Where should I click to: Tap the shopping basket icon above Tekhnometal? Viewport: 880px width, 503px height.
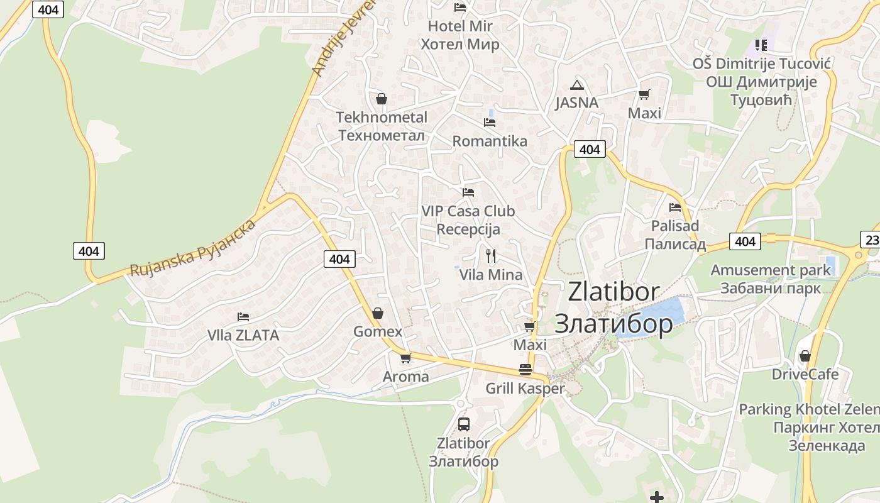coord(381,99)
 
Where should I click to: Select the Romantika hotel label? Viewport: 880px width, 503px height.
coord(490,141)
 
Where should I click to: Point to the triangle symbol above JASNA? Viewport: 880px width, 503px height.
coord(577,85)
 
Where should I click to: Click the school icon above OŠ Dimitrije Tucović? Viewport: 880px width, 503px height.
coord(761,45)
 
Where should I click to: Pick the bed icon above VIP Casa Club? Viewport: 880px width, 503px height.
coord(468,192)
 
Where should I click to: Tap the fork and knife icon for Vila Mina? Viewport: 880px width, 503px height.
coord(491,256)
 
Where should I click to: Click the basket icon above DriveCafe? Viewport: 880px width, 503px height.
coord(805,357)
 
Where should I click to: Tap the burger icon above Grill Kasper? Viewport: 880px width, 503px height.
coord(525,370)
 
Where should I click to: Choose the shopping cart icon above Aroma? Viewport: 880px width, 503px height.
coord(405,358)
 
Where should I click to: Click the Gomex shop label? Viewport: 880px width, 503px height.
coord(377,331)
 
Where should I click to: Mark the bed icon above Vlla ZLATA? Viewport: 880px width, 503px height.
coord(243,317)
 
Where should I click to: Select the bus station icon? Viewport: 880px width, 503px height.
coord(464,424)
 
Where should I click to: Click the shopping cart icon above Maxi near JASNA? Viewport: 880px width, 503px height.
coord(644,95)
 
